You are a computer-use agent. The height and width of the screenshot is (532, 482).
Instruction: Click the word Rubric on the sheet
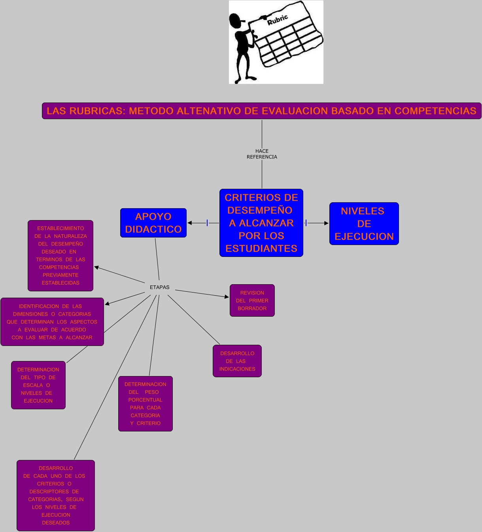[278, 19]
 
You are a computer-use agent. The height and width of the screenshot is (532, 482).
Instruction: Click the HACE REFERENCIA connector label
[262, 154]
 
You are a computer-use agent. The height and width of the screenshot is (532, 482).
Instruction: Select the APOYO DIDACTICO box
[153, 223]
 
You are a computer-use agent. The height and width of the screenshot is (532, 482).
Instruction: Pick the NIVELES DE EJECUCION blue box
[364, 224]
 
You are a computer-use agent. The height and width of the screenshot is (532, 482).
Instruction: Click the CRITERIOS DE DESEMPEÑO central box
[261, 223]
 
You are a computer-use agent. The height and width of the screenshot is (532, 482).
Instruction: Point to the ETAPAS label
[159, 287]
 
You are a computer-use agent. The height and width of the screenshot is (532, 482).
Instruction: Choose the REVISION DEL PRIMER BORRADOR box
[252, 300]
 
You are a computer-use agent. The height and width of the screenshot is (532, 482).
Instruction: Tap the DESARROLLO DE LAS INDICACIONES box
[237, 361]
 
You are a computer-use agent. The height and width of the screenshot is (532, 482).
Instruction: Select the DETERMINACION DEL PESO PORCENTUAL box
[146, 404]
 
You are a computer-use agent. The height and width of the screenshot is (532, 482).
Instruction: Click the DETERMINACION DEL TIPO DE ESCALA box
[38, 385]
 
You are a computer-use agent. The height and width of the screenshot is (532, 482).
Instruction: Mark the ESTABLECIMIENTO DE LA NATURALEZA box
[60, 256]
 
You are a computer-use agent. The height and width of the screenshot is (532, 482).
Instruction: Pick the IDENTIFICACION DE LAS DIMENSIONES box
[52, 322]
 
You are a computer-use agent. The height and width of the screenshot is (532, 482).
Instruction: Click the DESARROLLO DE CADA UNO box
[56, 496]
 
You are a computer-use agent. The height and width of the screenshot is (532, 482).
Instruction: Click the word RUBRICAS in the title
[96, 111]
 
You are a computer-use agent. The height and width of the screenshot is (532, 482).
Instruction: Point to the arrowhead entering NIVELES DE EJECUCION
[326, 223]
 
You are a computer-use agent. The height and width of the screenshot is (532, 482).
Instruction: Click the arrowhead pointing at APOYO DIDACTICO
[190, 223]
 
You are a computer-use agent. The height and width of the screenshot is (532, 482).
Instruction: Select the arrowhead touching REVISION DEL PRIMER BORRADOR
[227, 296]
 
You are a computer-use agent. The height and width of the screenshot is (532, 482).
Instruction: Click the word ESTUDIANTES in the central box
[261, 249]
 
